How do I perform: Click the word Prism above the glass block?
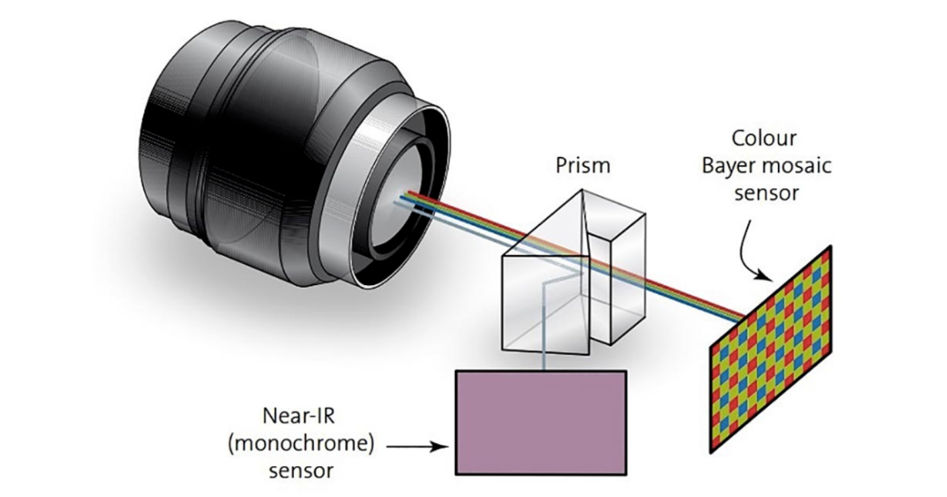[x=583, y=165]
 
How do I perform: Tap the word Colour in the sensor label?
[x=764, y=138]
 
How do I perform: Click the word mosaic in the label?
[x=798, y=165]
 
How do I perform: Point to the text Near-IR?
[x=299, y=416]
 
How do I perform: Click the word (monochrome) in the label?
[x=301, y=444]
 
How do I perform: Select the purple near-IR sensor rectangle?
[x=541, y=423]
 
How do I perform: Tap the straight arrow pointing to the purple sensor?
[x=417, y=446]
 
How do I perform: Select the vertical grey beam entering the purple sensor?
[x=544, y=325]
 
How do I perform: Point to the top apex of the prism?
[x=582, y=189]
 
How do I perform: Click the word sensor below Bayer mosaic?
[x=766, y=194]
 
